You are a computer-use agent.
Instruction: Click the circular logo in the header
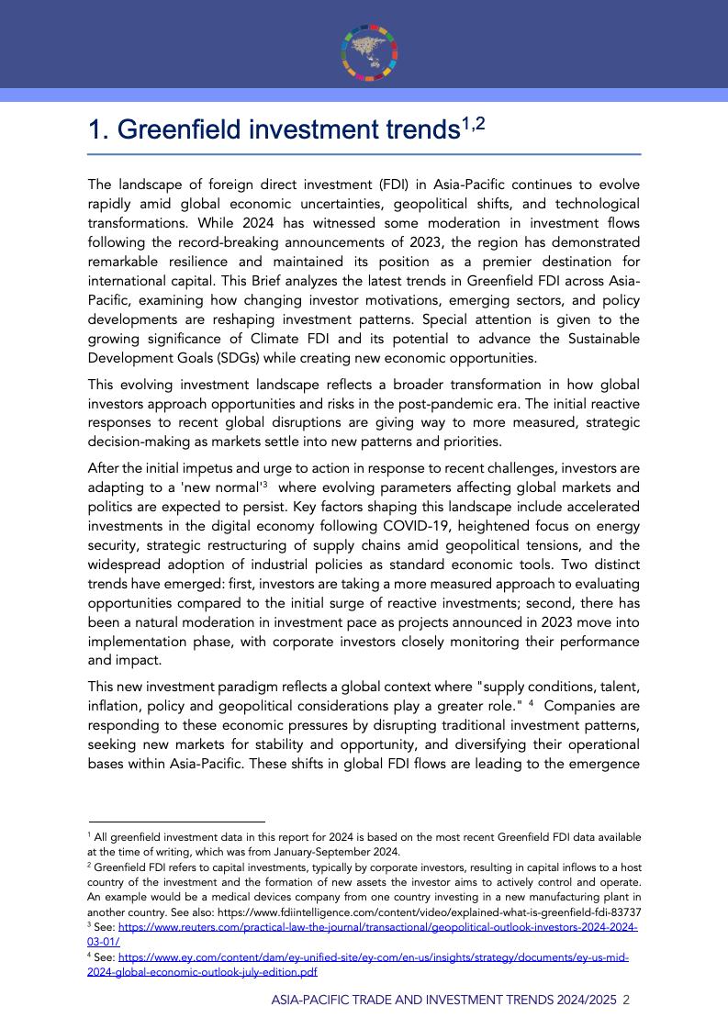click(x=364, y=48)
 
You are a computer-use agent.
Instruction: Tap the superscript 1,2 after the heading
click(x=472, y=122)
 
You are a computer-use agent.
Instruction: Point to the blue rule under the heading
click(x=364, y=154)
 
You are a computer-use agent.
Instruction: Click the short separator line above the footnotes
click(x=176, y=822)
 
